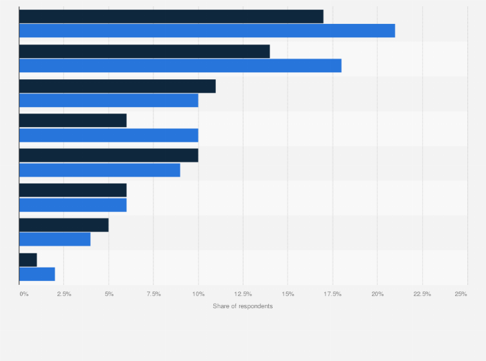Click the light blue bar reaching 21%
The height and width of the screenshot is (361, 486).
pos(207,31)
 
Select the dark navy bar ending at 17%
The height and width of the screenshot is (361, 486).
pos(171,17)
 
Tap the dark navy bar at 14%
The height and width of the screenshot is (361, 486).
pos(144,52)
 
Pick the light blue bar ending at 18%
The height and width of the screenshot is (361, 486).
pos(180,66)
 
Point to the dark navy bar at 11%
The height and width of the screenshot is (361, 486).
pos(117,86)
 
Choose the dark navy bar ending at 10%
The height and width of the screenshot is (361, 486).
pos(108,155)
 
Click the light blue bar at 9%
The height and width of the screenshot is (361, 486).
pos(99,170)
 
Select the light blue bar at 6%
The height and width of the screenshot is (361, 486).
pos(73,205)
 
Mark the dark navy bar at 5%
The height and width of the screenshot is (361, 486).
pos(64,225)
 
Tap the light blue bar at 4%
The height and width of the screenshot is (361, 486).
pos(55,240)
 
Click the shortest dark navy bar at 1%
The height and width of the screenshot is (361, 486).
pos(28,260)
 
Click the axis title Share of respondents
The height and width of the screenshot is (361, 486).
pos(242,306)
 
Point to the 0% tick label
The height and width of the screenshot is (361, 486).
pos(23,294)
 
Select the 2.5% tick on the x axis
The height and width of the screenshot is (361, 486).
pos(64,294)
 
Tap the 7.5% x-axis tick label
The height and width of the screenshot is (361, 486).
pos(153,294)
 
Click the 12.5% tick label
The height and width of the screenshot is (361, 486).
pos(243,294)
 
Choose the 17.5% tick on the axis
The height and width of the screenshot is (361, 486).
pos(333,294)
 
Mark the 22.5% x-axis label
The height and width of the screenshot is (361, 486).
pos(422,294)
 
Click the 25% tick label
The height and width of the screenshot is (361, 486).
pos(461,294)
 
